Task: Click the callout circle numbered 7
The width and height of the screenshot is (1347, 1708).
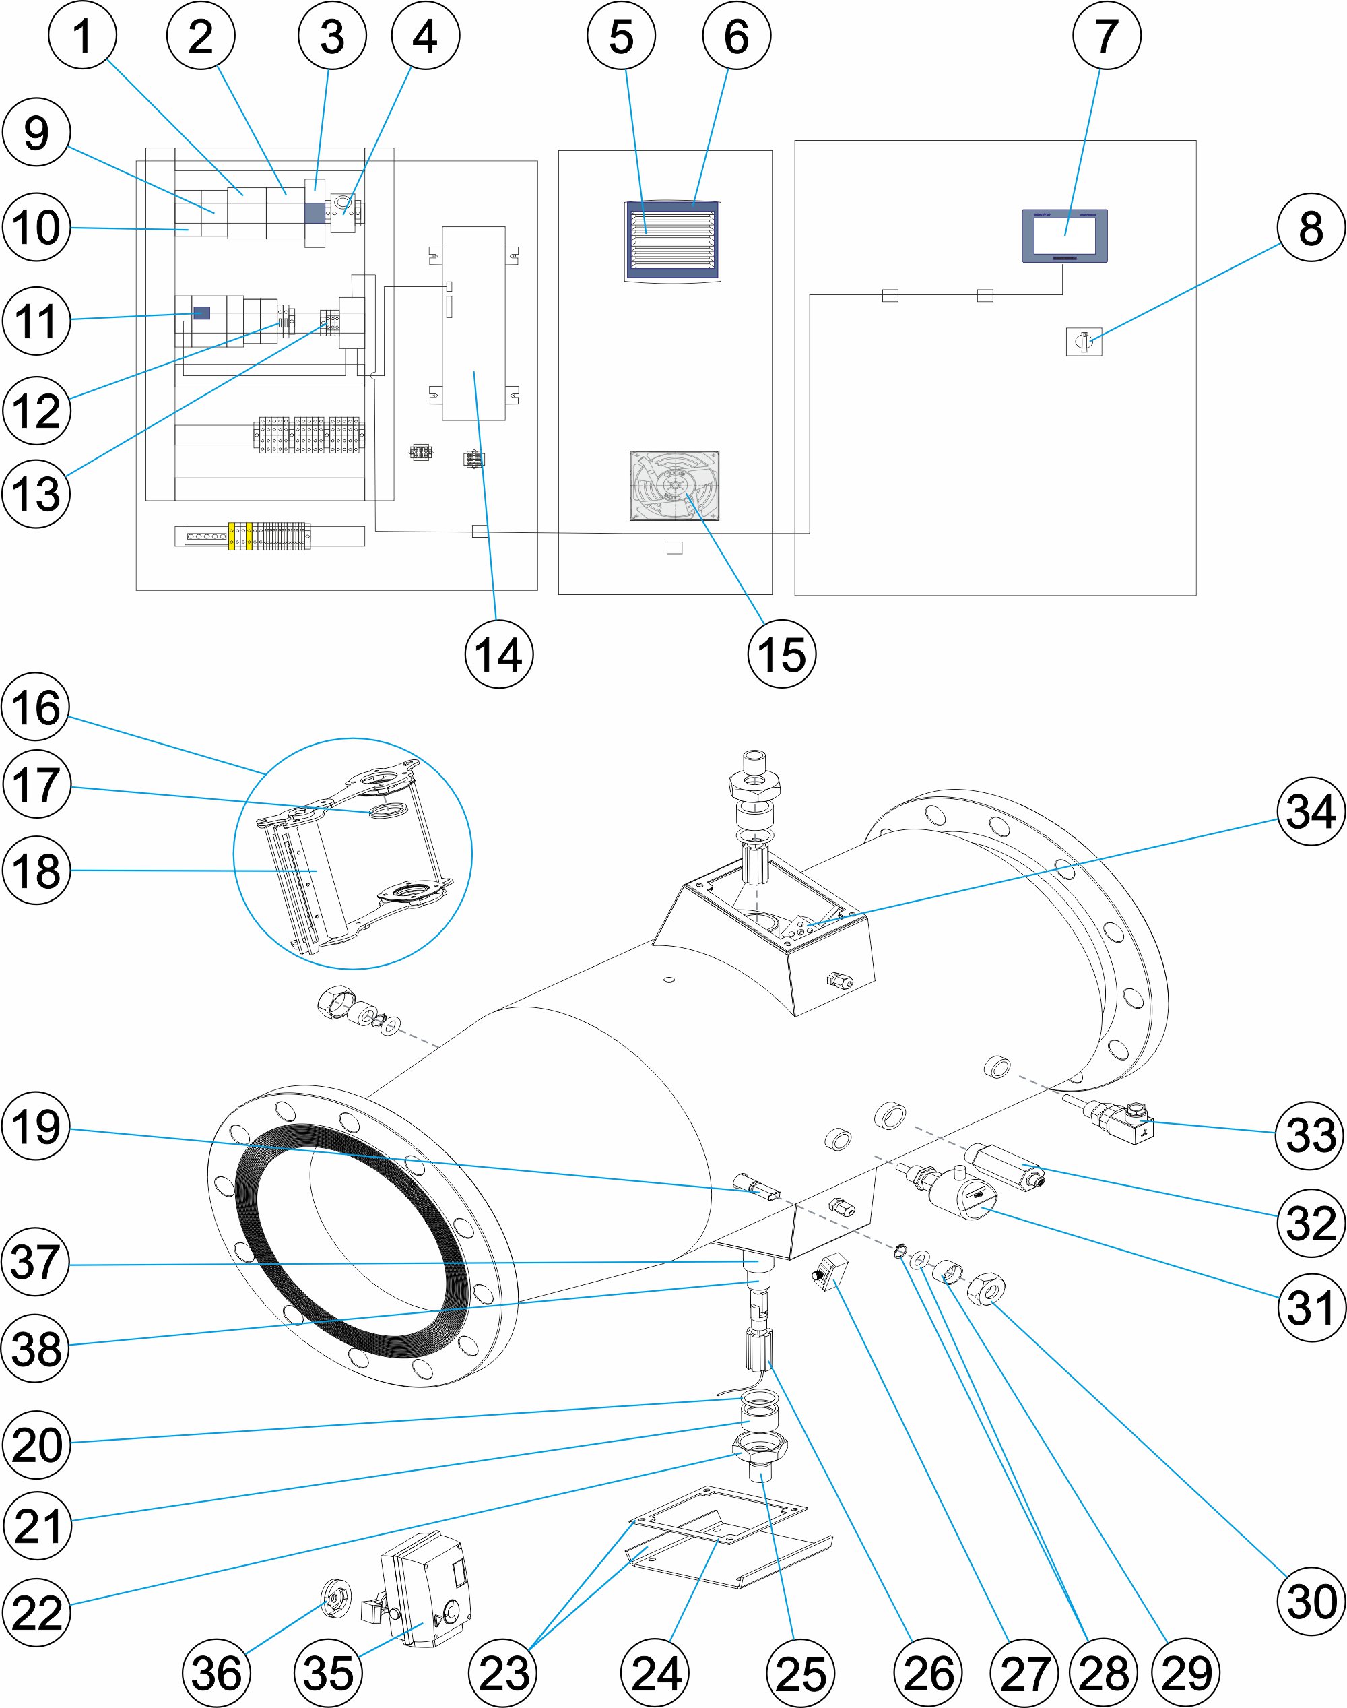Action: [x=1107, y=36]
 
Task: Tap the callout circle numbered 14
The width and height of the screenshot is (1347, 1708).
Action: [x=498, y=654]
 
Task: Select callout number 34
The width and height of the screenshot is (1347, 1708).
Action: [x=1311, y=811]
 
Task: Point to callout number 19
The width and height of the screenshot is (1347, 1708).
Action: [x=36, y=1126]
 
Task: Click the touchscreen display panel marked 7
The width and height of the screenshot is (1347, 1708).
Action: [x=1065, y=234]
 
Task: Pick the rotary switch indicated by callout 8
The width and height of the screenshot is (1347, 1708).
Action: [x=1084, y=342]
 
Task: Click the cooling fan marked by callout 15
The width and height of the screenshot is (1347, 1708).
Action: [x=674, y=485]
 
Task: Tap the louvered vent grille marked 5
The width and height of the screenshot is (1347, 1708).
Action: [x=673, y=241]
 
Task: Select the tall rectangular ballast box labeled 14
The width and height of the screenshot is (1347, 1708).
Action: [x=473, y=323]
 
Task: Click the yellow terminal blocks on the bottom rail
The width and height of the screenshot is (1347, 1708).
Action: [x=240, y=536]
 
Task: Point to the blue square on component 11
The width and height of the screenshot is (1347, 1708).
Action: [x=202, y=313]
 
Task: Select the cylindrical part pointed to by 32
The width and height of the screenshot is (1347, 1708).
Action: [x=1006, y=1166]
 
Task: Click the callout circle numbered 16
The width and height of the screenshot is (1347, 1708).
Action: [x=36, y=707]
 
